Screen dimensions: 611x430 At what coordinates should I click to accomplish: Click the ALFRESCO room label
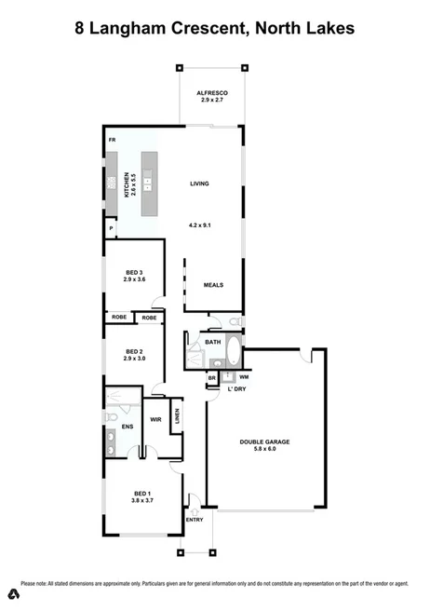click(x=212, y=94)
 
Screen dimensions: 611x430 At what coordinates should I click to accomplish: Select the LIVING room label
click(x=198, y=183)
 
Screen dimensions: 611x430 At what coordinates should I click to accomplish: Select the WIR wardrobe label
click(x=156, y=420)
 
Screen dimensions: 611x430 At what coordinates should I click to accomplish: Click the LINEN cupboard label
click(x=177, y=415)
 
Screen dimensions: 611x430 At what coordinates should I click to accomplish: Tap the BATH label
click(x=213, y=342)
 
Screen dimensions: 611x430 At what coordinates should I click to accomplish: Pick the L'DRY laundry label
click(x=237, y=388)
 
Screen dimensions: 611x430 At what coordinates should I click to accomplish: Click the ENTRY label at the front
click(x=195, y=519)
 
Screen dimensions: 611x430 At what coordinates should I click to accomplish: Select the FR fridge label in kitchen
click(x=112, y=140)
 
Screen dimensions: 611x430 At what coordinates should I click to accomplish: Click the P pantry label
click(x=111, y=228)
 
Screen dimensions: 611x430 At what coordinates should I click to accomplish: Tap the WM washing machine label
click(x=243, y=376)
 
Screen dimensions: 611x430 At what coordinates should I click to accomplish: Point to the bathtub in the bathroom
click(x=233, y=354)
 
